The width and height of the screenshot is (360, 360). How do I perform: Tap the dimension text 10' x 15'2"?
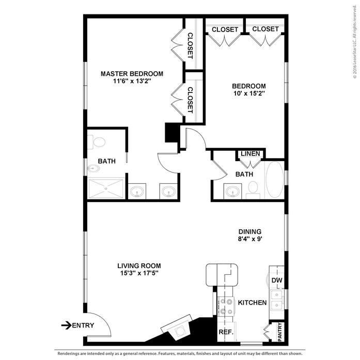(x=249, y=94)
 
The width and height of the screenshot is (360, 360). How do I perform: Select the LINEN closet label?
(x=251, y=154)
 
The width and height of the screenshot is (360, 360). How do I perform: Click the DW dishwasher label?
(x=277, y=280)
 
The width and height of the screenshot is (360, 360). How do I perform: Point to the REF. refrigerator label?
(x=226, y=332)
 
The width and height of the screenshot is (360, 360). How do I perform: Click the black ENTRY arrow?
(x=66, y=325)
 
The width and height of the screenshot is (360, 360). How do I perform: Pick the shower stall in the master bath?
(x=106, y=189)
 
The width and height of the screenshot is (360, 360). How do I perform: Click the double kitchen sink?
(x=276, y=299)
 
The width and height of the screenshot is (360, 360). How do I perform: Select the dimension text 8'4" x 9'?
(x=250, y=239)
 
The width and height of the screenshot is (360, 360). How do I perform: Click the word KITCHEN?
(x=252, y=303)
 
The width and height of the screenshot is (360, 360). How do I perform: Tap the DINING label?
(x=250, y=231)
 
